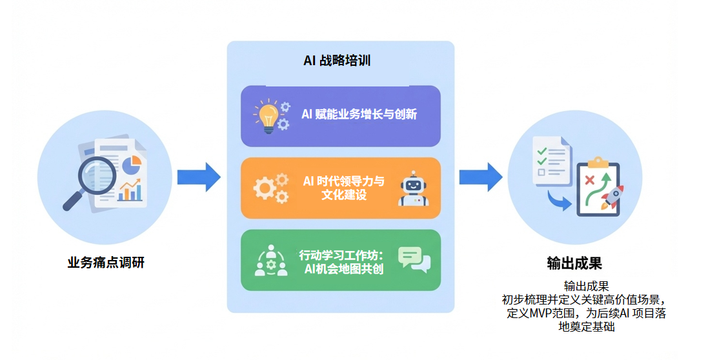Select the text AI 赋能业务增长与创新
point(359,115)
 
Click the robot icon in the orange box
point(413,188)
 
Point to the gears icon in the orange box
point(271,188)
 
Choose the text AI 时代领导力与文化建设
point(343,188)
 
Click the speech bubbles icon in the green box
point(414,259)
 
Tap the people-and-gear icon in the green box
point(271,260)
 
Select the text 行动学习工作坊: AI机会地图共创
point(341,261)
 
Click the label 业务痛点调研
point(106,263)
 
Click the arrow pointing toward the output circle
point(481,177)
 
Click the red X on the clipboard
point(589,179)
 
